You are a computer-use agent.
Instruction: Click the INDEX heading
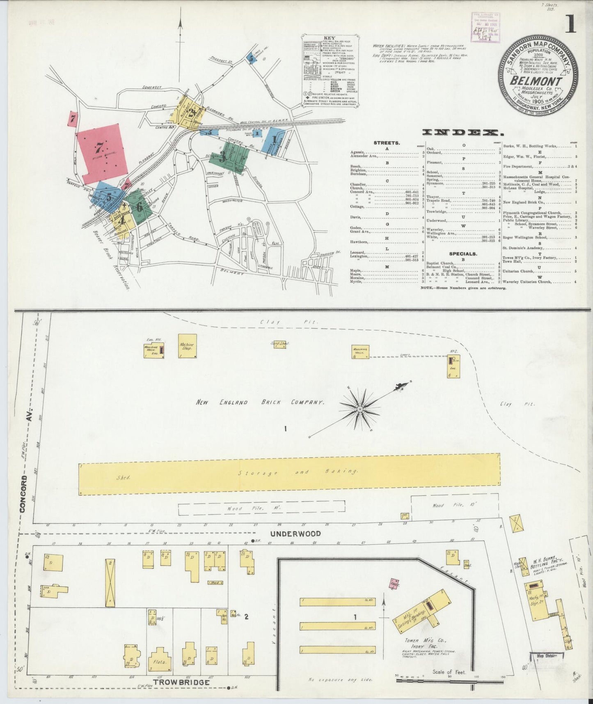(462, 132)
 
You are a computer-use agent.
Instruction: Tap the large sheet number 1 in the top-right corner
(570, 24)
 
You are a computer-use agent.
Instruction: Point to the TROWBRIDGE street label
(181, 682)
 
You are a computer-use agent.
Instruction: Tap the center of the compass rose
(360, 409)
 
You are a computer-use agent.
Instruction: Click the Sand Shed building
(280, 344)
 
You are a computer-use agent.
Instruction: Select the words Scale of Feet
(449, 672)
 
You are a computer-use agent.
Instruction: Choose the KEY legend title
(329, 38)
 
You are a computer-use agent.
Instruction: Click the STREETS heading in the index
(387, 143)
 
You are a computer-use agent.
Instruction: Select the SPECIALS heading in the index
(463, 254)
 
